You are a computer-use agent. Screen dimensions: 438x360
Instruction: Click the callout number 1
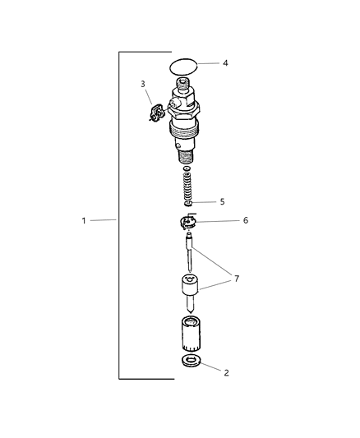(85, 220)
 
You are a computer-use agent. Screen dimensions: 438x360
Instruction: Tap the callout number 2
(227, 372)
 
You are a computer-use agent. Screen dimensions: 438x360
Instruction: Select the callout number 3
(143, 84)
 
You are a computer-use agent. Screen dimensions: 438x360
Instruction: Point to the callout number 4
(225, 62)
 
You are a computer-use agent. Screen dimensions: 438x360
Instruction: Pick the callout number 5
(221, 201)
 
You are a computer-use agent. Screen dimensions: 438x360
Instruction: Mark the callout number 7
(237, 279)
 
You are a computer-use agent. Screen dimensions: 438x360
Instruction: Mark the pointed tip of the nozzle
(190, 316)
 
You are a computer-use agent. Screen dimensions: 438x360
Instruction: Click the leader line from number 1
(105, 220)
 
